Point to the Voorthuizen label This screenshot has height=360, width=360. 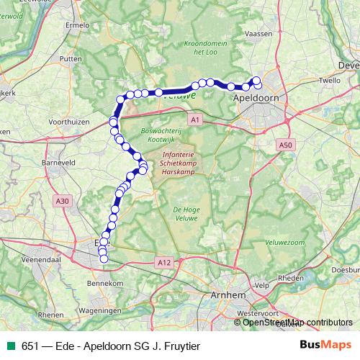click(71, 123)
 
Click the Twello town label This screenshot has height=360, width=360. click(329, 81)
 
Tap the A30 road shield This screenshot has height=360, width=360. click(63, 202)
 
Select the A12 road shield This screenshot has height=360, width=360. click(163, 264)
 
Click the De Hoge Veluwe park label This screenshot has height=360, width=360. click(186, 213)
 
